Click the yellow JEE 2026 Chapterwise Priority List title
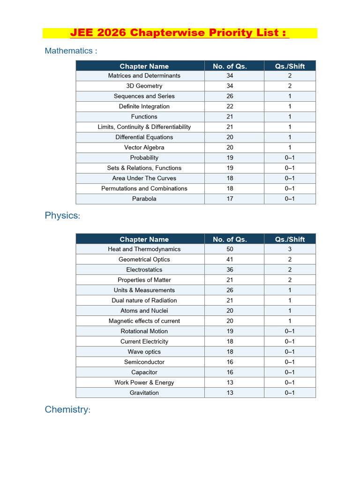(x=180, y=33)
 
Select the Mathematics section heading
(x=71, y=51)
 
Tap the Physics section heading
(x=62, y=216)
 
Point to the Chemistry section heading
(x=67, y=410)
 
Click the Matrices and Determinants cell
(x=144, y=75)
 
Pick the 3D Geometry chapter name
(x=144, y=86)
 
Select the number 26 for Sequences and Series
(x=230, y=96)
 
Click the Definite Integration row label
(x=144, y=106)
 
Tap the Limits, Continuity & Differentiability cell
(x=144, y=127)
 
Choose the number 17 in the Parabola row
(x=230, y=199)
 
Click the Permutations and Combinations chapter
(x=144, y=188)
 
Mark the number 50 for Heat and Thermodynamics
(x=230, y=249)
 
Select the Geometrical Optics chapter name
(x=144, y=260)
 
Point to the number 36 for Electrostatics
(x=230, y=270)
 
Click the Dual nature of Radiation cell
(x=144, y=300)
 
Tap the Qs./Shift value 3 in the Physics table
(x=290, y=249)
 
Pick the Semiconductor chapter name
(x=144, y=362)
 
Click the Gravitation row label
(x=144, y=393)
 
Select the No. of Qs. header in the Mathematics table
(x=230, y=66)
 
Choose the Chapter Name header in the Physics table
(x=144, y=239)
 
